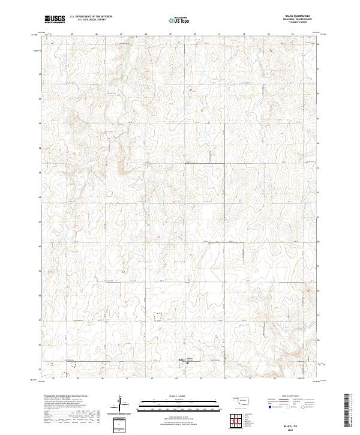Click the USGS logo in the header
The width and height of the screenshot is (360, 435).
(55, 19)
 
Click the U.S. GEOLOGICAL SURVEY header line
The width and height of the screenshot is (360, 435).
(88, 20)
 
